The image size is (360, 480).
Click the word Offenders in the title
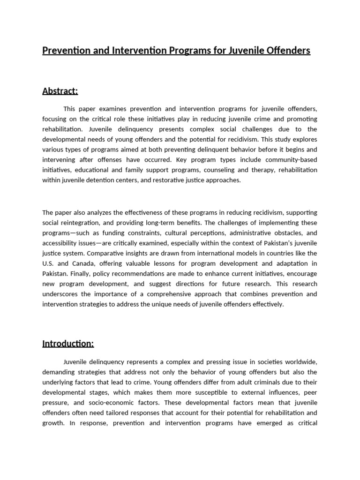click(x=287, y=50)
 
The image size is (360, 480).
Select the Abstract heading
click(x=60, y=91)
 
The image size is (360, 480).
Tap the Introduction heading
click(x=68, y=344)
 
